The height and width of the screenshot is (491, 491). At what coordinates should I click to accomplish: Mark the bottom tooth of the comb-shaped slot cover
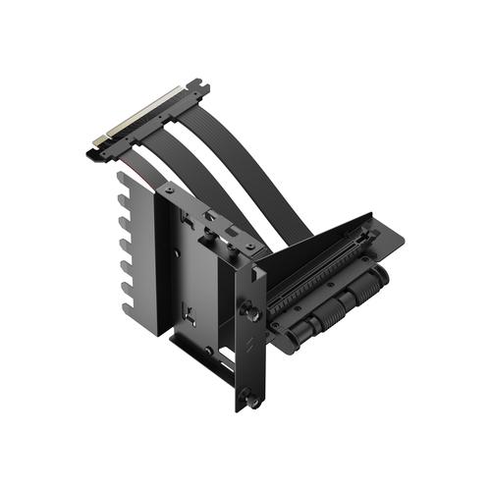(x=128, y=294)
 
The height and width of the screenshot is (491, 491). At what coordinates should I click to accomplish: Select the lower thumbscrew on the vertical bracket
(x=254, y=399)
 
